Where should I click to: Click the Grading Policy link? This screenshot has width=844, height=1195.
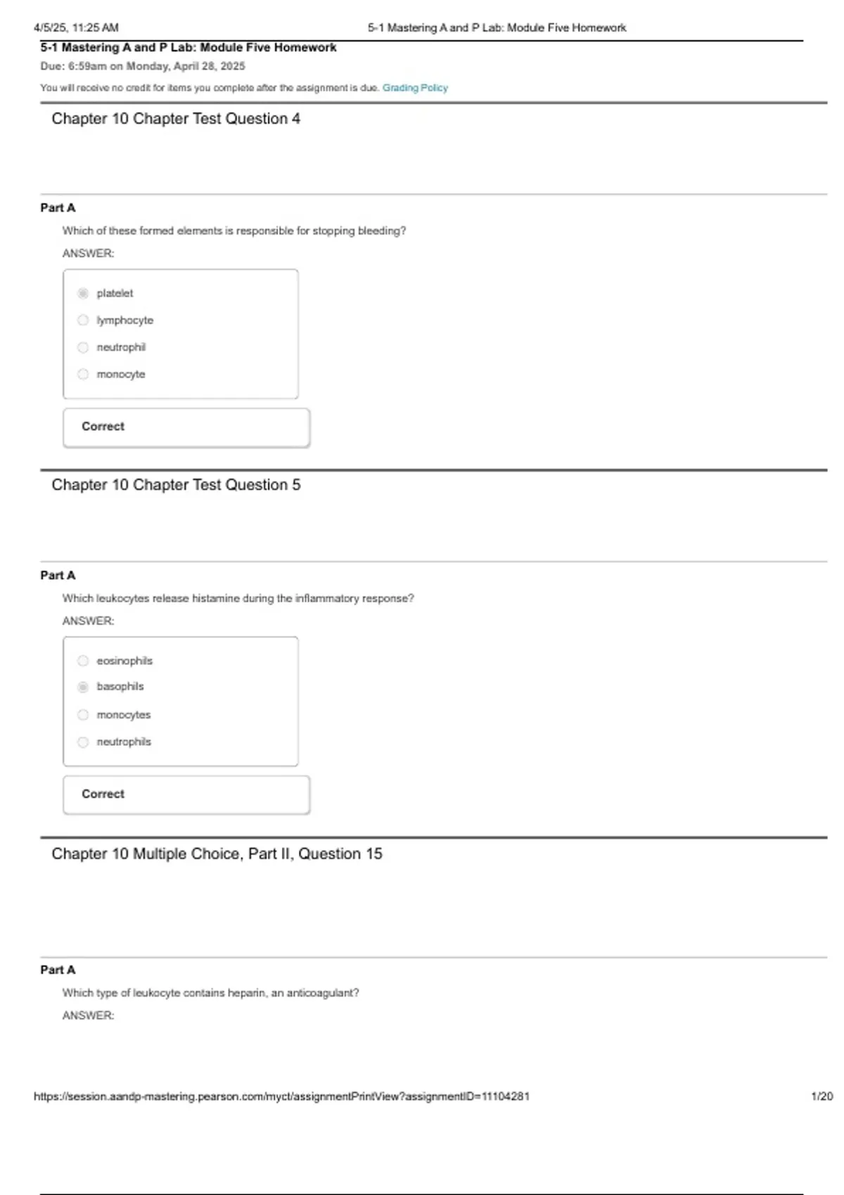415,88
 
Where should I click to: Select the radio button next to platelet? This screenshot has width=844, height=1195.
83,293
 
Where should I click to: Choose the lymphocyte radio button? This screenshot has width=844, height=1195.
83,321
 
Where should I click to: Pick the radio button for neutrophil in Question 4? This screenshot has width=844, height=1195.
83,347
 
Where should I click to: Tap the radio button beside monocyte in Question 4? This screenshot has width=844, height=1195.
83,374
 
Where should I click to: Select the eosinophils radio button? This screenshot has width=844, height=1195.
83,661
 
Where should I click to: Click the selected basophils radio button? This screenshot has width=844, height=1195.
83,687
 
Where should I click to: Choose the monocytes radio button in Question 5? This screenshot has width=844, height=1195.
83,715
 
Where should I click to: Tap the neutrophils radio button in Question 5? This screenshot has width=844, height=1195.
83,742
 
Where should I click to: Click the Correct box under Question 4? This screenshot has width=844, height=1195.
186,427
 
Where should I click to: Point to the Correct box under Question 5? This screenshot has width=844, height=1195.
186,794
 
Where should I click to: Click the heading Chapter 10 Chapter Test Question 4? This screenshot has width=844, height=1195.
176,119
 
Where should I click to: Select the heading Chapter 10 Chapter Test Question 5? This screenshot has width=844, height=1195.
176,485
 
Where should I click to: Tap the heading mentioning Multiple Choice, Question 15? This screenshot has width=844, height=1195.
217,854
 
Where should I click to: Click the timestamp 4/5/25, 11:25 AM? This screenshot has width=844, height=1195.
76,28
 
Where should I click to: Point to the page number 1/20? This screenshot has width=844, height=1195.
821,1097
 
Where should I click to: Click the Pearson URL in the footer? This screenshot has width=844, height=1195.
281,1097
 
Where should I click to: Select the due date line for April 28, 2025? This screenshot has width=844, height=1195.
143,66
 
